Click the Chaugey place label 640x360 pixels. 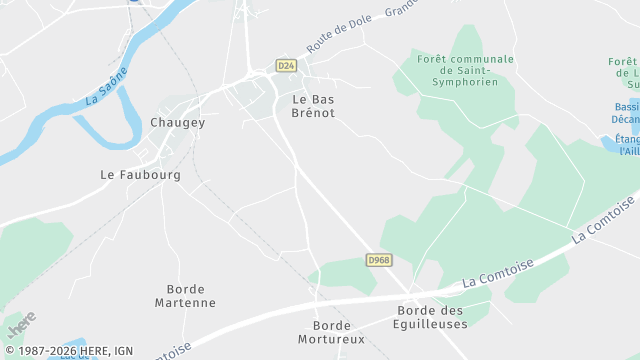pos(177,122)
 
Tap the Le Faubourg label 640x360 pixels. pos(141,174)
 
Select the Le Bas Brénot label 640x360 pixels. pos(313,106)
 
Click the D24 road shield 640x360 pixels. pos(286,66)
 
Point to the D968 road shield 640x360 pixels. pos(377,259)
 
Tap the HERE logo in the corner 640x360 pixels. pos(19,327)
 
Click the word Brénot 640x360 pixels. pos(313,113)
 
